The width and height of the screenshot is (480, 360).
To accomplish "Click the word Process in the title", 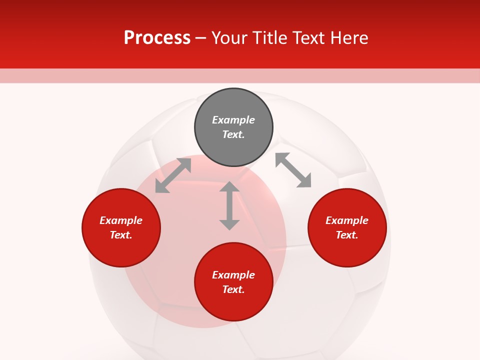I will (157, 38).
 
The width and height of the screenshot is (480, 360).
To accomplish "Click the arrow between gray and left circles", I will (173, 175).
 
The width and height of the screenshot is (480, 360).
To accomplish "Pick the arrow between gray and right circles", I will (293, 170).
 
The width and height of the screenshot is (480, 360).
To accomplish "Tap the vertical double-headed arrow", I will (229, 205).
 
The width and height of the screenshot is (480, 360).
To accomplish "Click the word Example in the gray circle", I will (233, 120).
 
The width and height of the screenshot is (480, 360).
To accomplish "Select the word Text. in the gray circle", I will (233, 134).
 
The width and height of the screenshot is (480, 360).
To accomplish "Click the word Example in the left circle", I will (121, 220).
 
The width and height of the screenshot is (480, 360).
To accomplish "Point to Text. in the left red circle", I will (121, 235).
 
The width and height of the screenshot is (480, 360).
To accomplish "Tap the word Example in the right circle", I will (347, 220).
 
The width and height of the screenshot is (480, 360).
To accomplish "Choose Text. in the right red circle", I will (347, 235).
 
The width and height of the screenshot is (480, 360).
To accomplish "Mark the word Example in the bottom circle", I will (233, 275).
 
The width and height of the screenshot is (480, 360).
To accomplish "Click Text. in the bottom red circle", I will (233, 289).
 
